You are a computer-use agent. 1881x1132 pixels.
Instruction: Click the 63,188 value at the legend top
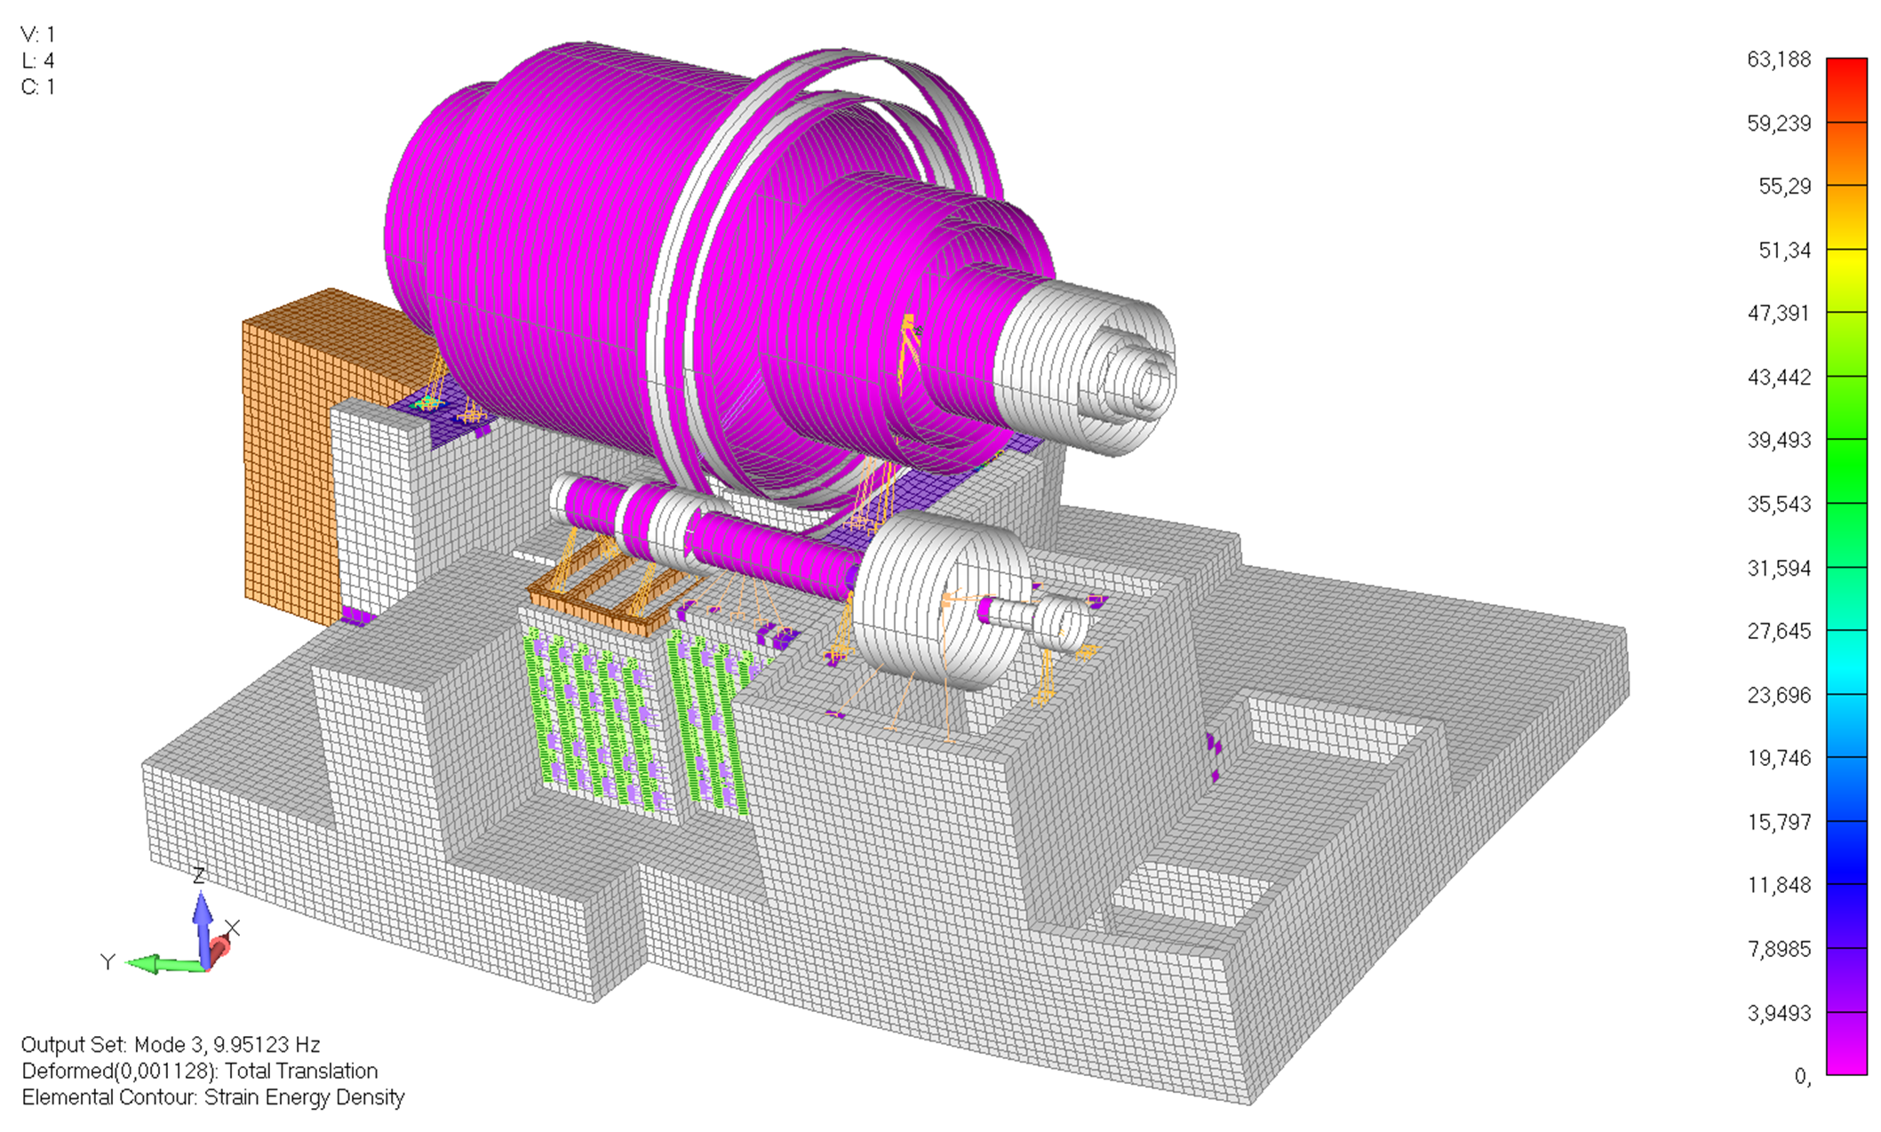click(x=1778, y=60)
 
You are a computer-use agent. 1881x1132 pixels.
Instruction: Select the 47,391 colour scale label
click(x=1778, y=313)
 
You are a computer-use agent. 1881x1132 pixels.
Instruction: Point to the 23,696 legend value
click(x=1778, y=695)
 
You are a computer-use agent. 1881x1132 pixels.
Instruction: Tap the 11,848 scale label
click(x=1778, y=885)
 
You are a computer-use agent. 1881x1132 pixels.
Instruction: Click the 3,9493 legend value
click(x=1778, y=1013)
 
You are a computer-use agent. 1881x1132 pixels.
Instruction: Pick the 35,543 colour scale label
click(x=1778, y=504)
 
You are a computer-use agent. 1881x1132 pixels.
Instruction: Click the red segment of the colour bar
click(x=1846, y=89)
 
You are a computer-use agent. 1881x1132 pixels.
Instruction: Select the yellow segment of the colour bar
click(x=1846, y=280)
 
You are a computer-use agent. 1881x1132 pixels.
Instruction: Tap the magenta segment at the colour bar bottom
click(x=1846, y=1043)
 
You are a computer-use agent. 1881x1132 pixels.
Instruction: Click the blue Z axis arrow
click(x=203, y=928)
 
